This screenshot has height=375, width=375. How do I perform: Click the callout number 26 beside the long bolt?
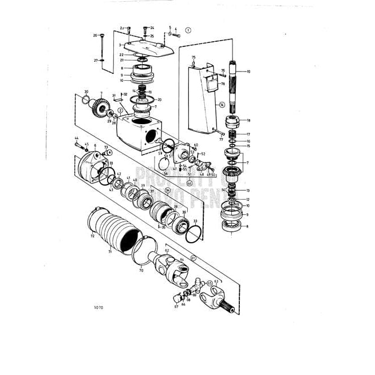[x=95, y=35]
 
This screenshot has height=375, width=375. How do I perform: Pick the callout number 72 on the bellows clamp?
[x=92, y=235]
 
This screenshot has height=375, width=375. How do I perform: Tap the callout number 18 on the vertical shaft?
[x=248, y=121]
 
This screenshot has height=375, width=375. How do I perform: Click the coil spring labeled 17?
[x=232, y=135]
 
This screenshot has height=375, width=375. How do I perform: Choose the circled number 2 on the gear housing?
[x=120, y=110]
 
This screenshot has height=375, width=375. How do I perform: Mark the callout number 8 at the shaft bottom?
[x=248, y=227]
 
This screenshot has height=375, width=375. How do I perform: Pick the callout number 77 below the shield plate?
[x=221, y=139]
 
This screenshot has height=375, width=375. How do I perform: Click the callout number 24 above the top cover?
[x=152, y=27]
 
